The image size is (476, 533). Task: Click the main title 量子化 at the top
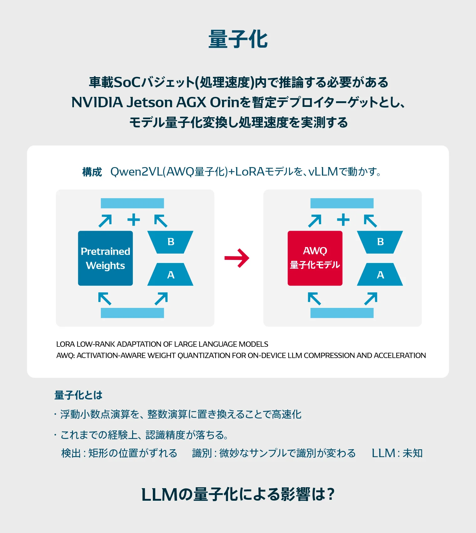pyautogui.click(x=238, y=40)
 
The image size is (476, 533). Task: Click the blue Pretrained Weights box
pyautogui.click(x=105, y=258)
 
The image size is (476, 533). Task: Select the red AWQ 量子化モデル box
pyautogui.click(x=315, y=258)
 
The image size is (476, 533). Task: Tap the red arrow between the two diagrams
pyautogui.click(x=237, y=258)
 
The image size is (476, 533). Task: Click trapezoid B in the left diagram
pyautogui.click(x=170, y=242)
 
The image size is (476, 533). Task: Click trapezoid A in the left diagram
pyautogui.click(x=170, y=275)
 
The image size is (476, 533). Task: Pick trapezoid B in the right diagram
pyautogui.click(x=380, y=242)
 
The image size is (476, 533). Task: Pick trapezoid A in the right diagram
pyautogui.click(x=380, y=275)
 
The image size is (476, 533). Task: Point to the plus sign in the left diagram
pyautogui.click(x=134, y=219)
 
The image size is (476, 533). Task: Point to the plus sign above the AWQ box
pyautogui.click(x=343, y=219)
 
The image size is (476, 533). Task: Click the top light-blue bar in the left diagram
pyautogui.click(x=132, y=203)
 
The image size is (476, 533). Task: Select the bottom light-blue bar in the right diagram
pyautogui.click(x=342, y=313)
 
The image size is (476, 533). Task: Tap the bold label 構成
pyautogui.click(x=92, y=172)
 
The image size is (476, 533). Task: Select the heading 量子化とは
pyautogui.click(x=78, y=395)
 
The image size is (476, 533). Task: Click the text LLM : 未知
pyautogui.click(x=397, y=453)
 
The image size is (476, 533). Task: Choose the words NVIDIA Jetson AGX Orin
pyautogui.click(x=155, y=102)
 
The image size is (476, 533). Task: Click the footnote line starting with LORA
pyautogui.click(x=162, y=344)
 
